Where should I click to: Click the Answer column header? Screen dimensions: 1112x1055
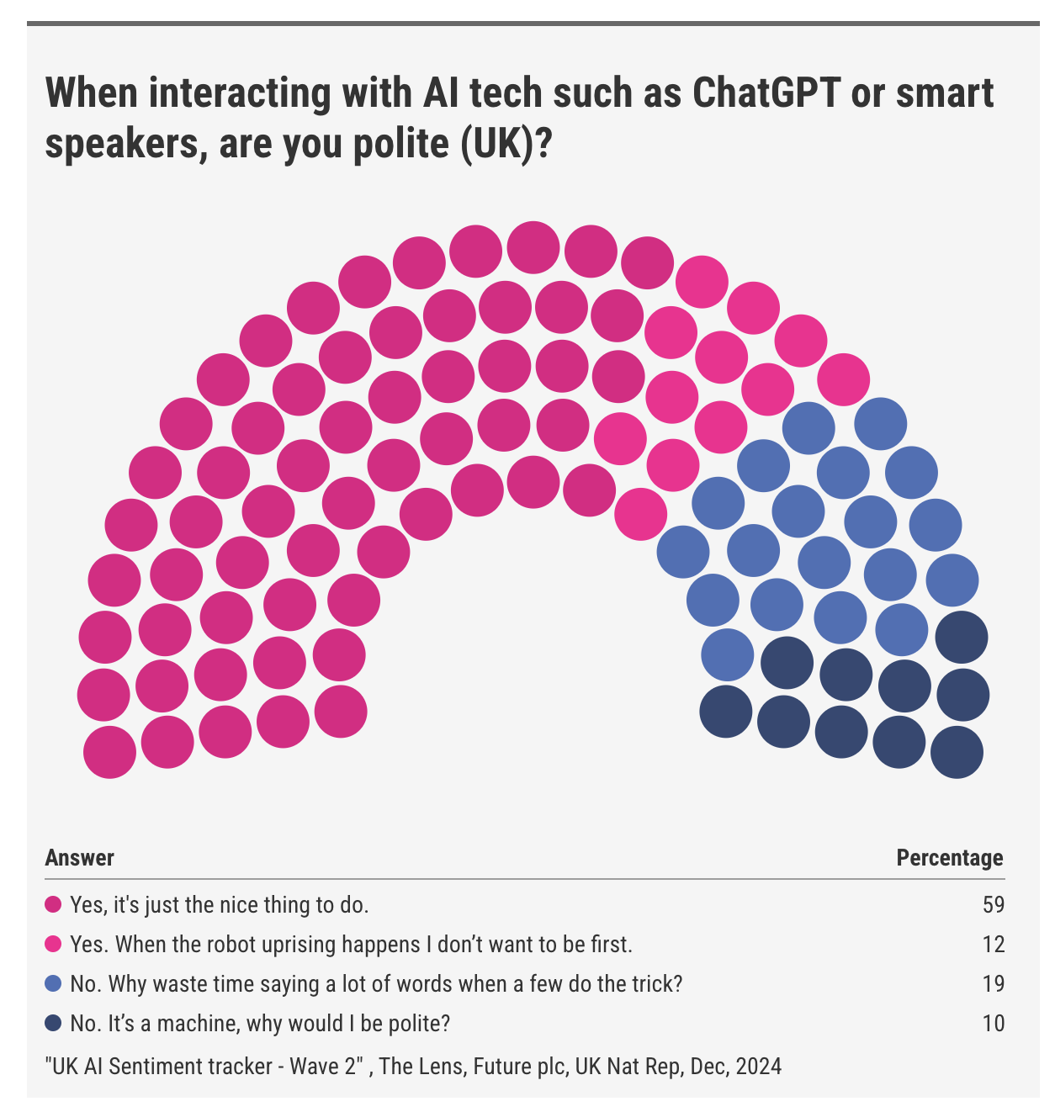(x=79, y=858)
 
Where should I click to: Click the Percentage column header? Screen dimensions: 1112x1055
(x=949, y=858)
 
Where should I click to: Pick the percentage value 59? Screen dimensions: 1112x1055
(x=994, y=905)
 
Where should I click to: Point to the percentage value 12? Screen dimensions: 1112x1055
(x=994, y=945)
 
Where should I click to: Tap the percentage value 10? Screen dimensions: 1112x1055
(x=994, y=1024)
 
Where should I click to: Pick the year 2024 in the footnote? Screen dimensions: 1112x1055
(x=758, y=1067)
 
